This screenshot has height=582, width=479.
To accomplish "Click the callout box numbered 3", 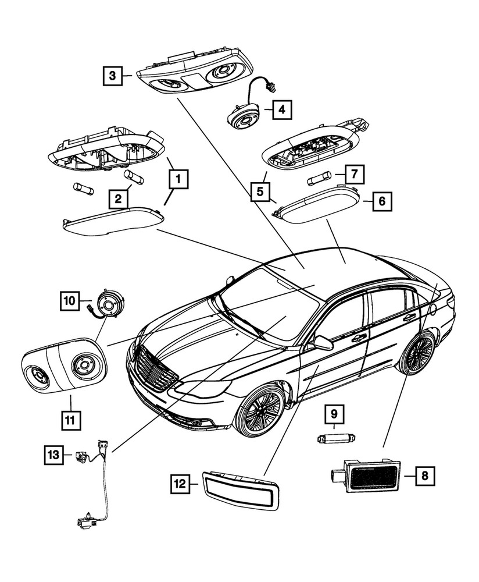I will coord(113,75).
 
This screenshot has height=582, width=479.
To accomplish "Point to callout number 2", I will coord(119,200).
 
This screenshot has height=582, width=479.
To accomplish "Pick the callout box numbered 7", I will coord(353,173).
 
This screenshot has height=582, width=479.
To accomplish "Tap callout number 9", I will coord(334,416).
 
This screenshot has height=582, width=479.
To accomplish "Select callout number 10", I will coord(69,301).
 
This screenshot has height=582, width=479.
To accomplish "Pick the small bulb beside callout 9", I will coord(336,438).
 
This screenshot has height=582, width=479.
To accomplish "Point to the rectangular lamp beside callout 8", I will coord(372,475).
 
